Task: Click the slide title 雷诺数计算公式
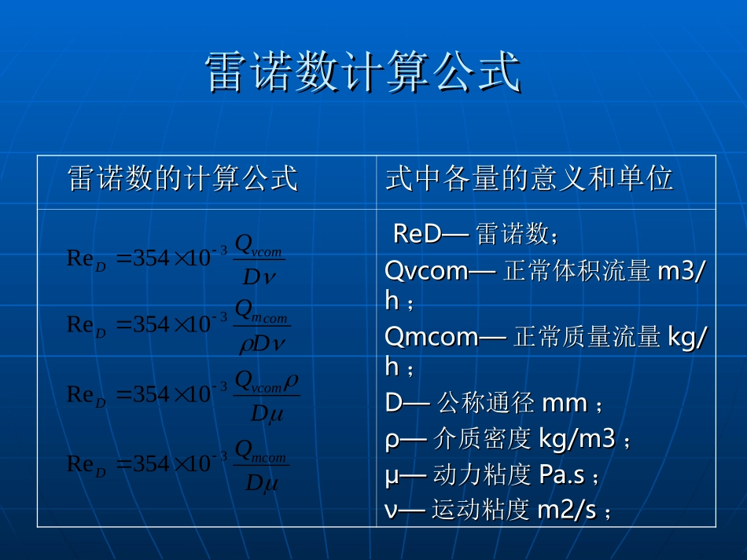[362, 73]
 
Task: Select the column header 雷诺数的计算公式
[183, 179]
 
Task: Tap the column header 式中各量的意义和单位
[529, 179]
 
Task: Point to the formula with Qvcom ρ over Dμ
[182, 394]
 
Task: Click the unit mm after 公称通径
[565, 404]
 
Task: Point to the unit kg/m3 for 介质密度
[576, 439]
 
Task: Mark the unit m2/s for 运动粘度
[566, 511]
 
